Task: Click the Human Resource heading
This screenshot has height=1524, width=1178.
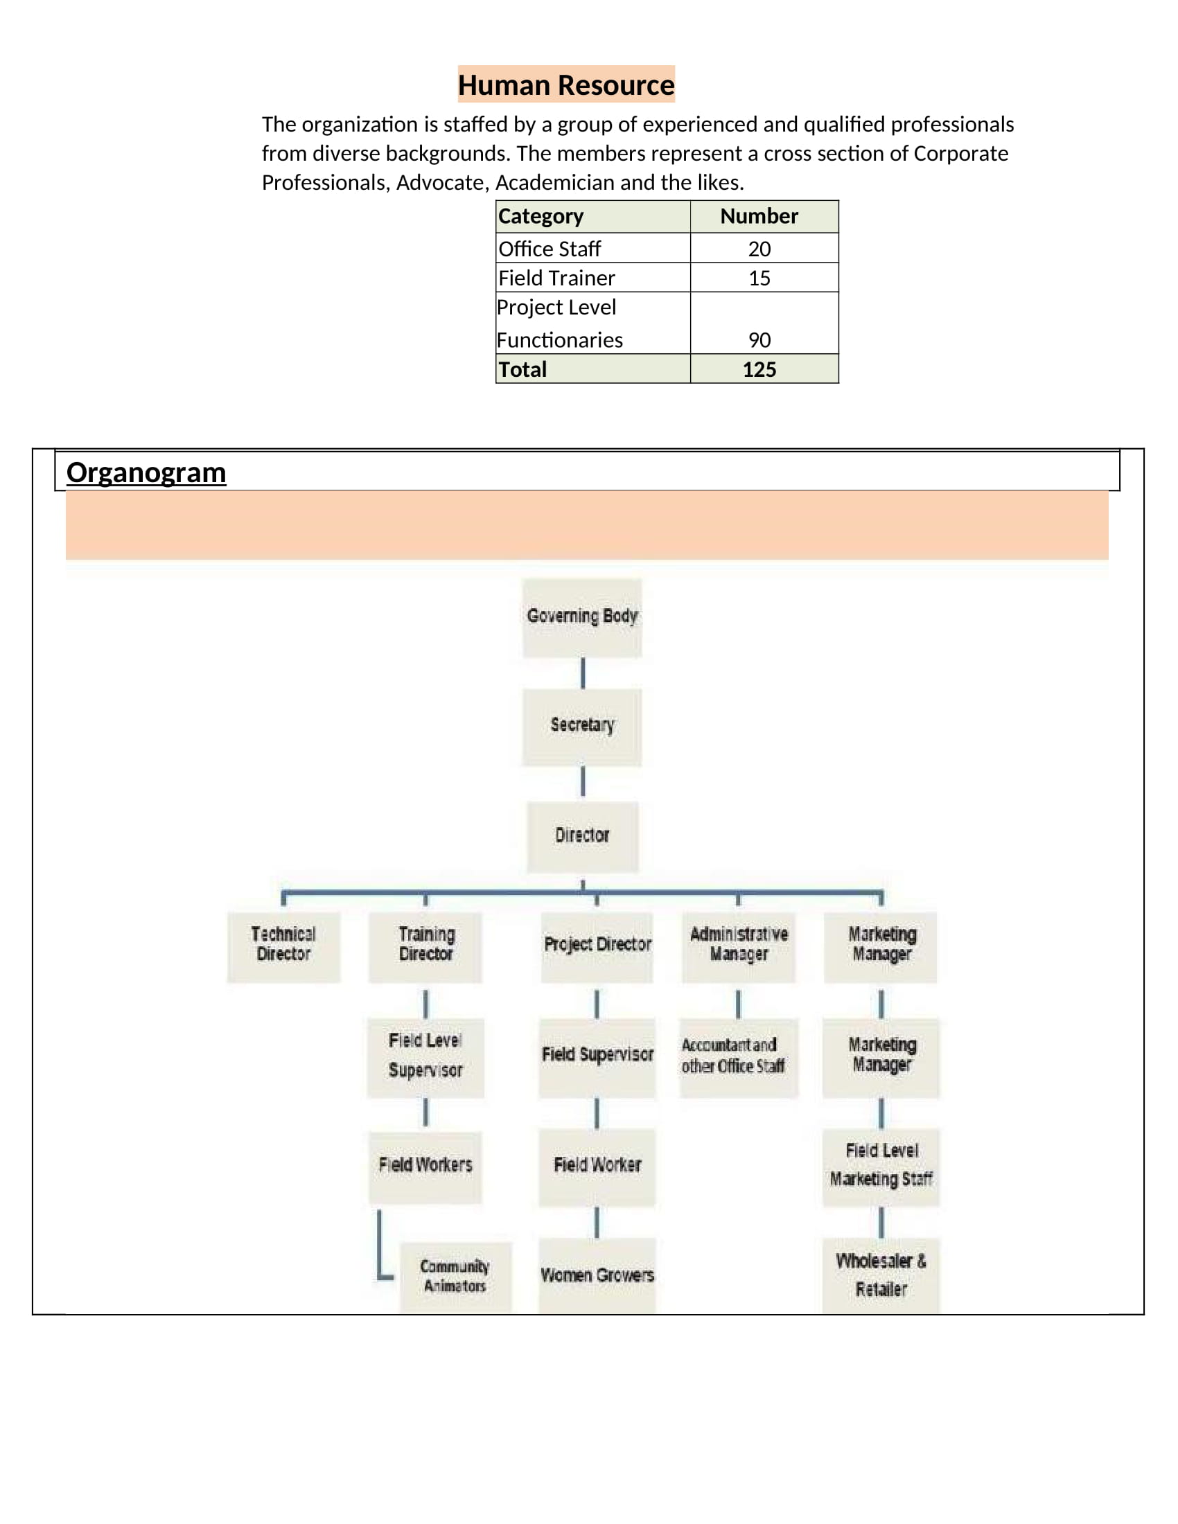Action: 566,85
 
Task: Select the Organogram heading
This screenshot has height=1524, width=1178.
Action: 146,472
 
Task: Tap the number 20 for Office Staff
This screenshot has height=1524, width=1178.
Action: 759,249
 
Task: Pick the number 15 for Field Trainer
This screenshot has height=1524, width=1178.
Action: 759,278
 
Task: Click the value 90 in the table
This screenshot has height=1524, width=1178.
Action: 759,340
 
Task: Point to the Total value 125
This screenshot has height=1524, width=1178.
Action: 759,369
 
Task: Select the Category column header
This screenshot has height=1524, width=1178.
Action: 541,216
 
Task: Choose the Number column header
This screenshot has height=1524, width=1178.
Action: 759,215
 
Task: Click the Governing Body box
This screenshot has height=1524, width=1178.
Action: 582,617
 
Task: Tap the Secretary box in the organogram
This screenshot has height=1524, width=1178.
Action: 582,727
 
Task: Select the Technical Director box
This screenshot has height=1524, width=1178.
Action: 284,947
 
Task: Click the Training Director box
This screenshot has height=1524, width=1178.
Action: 425,947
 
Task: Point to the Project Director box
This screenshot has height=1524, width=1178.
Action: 597,947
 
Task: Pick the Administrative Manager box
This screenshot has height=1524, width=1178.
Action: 739,947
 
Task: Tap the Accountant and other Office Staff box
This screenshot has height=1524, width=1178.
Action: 739,1058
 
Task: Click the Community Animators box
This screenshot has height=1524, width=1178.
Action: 456,1277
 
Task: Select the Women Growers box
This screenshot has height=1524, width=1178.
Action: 597,1275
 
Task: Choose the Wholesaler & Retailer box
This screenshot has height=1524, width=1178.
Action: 881,1275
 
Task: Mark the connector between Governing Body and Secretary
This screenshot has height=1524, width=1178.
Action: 583,673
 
